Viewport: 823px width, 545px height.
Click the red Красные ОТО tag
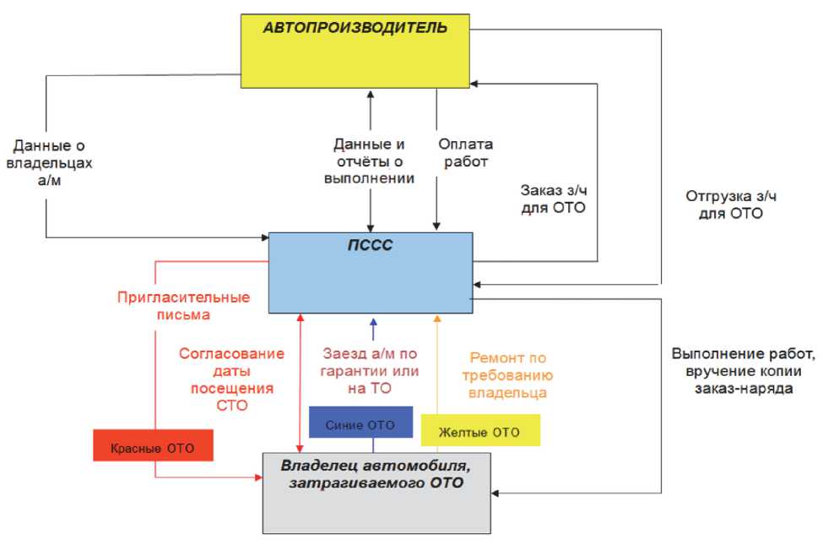(153, 445)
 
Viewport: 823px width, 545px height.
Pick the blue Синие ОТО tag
(360, 422)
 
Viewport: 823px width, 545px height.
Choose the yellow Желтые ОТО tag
(479, 432)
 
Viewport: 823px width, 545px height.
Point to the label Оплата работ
(464, 152)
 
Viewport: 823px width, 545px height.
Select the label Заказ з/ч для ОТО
(553, 198)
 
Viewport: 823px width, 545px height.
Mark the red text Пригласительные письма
(183, 306)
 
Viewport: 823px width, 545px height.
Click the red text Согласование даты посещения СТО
(226, 379)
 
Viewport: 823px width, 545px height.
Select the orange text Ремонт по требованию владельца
(509, 374)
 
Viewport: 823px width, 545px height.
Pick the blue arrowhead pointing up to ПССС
(372, 321)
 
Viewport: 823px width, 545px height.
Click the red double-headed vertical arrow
(299, 380)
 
